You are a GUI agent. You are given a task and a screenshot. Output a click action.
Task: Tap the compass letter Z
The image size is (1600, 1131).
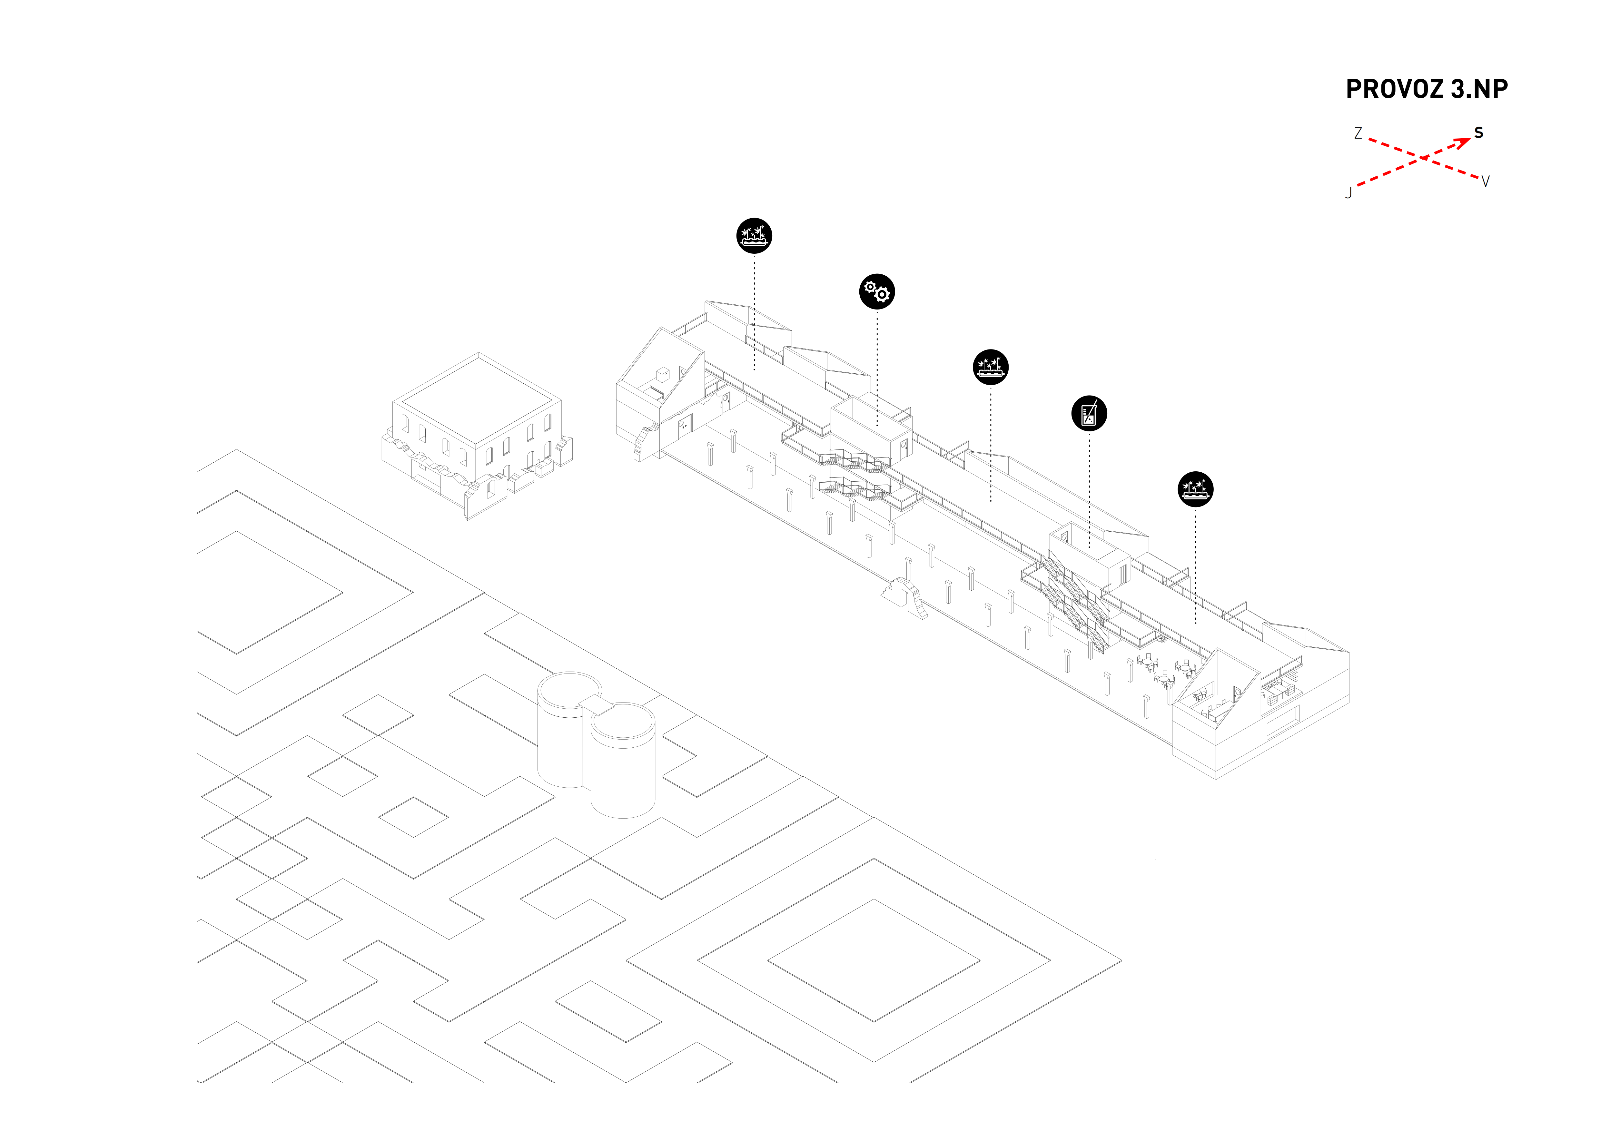(x=1358, y=133)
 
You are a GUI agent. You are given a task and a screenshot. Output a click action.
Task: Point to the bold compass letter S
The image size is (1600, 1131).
(x=1479, y=133)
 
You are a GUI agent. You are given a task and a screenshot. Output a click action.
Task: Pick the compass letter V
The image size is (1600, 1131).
(x=1485, y=182)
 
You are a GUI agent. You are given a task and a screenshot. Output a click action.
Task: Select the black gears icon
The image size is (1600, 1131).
(x=877, y=291)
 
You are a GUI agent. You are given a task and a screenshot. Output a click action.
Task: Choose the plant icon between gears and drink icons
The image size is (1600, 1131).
(x=990, y=367)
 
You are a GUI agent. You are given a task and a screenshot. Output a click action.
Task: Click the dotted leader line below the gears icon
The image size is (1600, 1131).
(x=877, y=369)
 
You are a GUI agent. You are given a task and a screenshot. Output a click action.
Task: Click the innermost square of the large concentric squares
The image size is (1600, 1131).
(x=874, y=960)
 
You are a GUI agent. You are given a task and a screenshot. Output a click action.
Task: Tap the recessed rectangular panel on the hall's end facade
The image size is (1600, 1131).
(x=1282, y=722)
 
